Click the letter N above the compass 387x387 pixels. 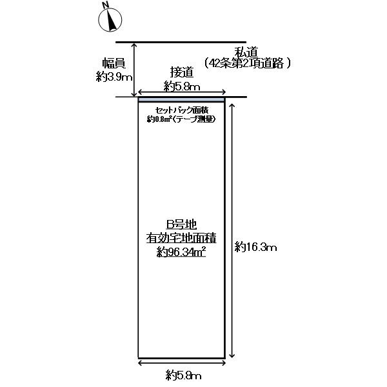click(106, 5)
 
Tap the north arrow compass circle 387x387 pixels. click(110, 20)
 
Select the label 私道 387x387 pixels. click(246, 52)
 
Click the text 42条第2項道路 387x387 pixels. click(246, 64)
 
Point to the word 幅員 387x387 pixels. click(114, 63)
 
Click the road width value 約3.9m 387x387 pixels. click(114, 77)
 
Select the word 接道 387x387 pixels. click(182, 72)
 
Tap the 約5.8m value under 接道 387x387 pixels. click(182, 86)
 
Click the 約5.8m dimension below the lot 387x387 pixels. click(183, 375)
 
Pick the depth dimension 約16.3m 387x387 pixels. click(255, 246)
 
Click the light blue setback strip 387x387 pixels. click(181, 99)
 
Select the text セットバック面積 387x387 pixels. click(181, 110)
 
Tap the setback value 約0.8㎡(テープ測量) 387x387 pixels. click(181, 119)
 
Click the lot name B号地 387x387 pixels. click(181, 224)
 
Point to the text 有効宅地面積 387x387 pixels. click(181, 238)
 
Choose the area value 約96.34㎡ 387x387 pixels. click(181, 252)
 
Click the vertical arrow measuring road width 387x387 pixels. click(134, 70)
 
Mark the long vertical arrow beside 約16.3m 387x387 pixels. click(232, 230)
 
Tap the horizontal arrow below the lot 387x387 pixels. click(182, 362)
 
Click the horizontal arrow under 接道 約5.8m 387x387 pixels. click(182, 92)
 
